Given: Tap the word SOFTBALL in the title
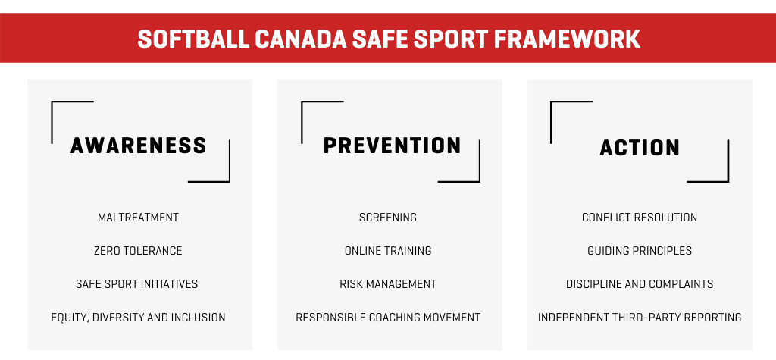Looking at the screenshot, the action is (x=193, y=39).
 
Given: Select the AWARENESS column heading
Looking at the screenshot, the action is (x=139, y=146).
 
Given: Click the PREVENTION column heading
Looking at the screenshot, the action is (x=393, y=146).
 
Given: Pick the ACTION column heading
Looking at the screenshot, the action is (x=640, y=148).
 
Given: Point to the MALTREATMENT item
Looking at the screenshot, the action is (x=138, y=218).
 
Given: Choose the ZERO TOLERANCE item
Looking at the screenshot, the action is (x=138, y=251).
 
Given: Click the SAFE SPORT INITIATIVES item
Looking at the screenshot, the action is (x=136, y=283).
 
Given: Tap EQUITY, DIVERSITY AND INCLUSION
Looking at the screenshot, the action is (x=138, y=318).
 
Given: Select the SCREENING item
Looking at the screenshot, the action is (x=388, y=218).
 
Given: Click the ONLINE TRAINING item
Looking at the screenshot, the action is (x=388, y=251).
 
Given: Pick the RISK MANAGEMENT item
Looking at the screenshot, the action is (x=388, y=283).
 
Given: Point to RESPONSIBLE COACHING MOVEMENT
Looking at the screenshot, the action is (x=388, y=318).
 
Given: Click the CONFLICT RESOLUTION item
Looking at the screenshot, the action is (x=640, y=218).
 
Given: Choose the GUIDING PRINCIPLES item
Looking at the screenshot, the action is (x=640, y=251).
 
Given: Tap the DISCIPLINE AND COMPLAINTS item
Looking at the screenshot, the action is (x=640, y=283).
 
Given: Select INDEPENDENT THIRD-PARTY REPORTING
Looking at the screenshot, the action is (x=640, y=318).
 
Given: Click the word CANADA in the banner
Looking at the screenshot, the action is (x=300, y=39).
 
